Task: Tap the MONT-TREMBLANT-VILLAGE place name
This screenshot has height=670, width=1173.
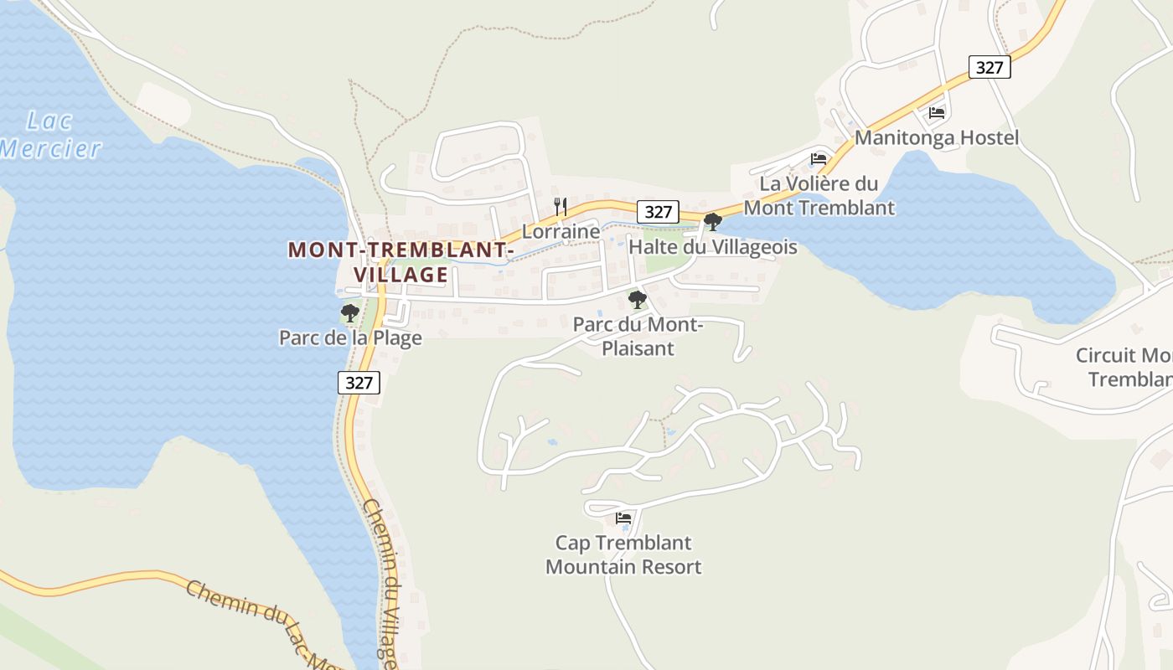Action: pyautogui.click(x=400, y=262)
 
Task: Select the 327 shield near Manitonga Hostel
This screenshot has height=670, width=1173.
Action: pyautogui.click(x=990, y=68)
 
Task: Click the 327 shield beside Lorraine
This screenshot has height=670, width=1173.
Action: pyautogui.click(x=658, y=212)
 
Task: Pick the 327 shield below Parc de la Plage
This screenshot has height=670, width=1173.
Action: pyautogui.click(x=359, y=383)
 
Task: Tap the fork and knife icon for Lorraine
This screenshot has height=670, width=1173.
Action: pyautogui.click(x=561, y=206)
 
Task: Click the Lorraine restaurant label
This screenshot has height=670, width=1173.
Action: pyautogui.click(x=561, y=231)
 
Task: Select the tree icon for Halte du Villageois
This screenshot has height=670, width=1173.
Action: pyautogui.click(x=712, y=222)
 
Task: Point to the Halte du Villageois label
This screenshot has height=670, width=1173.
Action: pyautogui.click(x=712, y=248)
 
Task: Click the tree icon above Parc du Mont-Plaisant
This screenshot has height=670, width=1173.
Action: pyautogui.click(x=638, y=299)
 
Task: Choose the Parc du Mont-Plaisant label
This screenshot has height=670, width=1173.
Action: pyautogui.click(x=638, y=336)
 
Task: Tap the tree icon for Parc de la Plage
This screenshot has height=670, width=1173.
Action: pyautogui.click(x=350, y=313)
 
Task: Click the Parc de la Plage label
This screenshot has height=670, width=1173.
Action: pyautogui.click(x=350, y=338)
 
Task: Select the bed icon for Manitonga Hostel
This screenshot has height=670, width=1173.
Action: pyautogui.click(x=937, y=112)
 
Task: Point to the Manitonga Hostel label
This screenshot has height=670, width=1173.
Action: pyautogui.click(x=937, y=138)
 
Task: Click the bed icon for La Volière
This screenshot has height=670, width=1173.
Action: pyautogui.click(x=819, y=158)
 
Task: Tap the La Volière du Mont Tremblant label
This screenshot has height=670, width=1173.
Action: pyautogui.click(x=819, y=195)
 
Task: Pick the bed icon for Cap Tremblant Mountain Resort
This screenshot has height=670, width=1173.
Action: pyautogui.click(x=623, y=518)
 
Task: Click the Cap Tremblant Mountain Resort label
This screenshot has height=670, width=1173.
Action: pyautogui.click(x=623, y=554)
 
